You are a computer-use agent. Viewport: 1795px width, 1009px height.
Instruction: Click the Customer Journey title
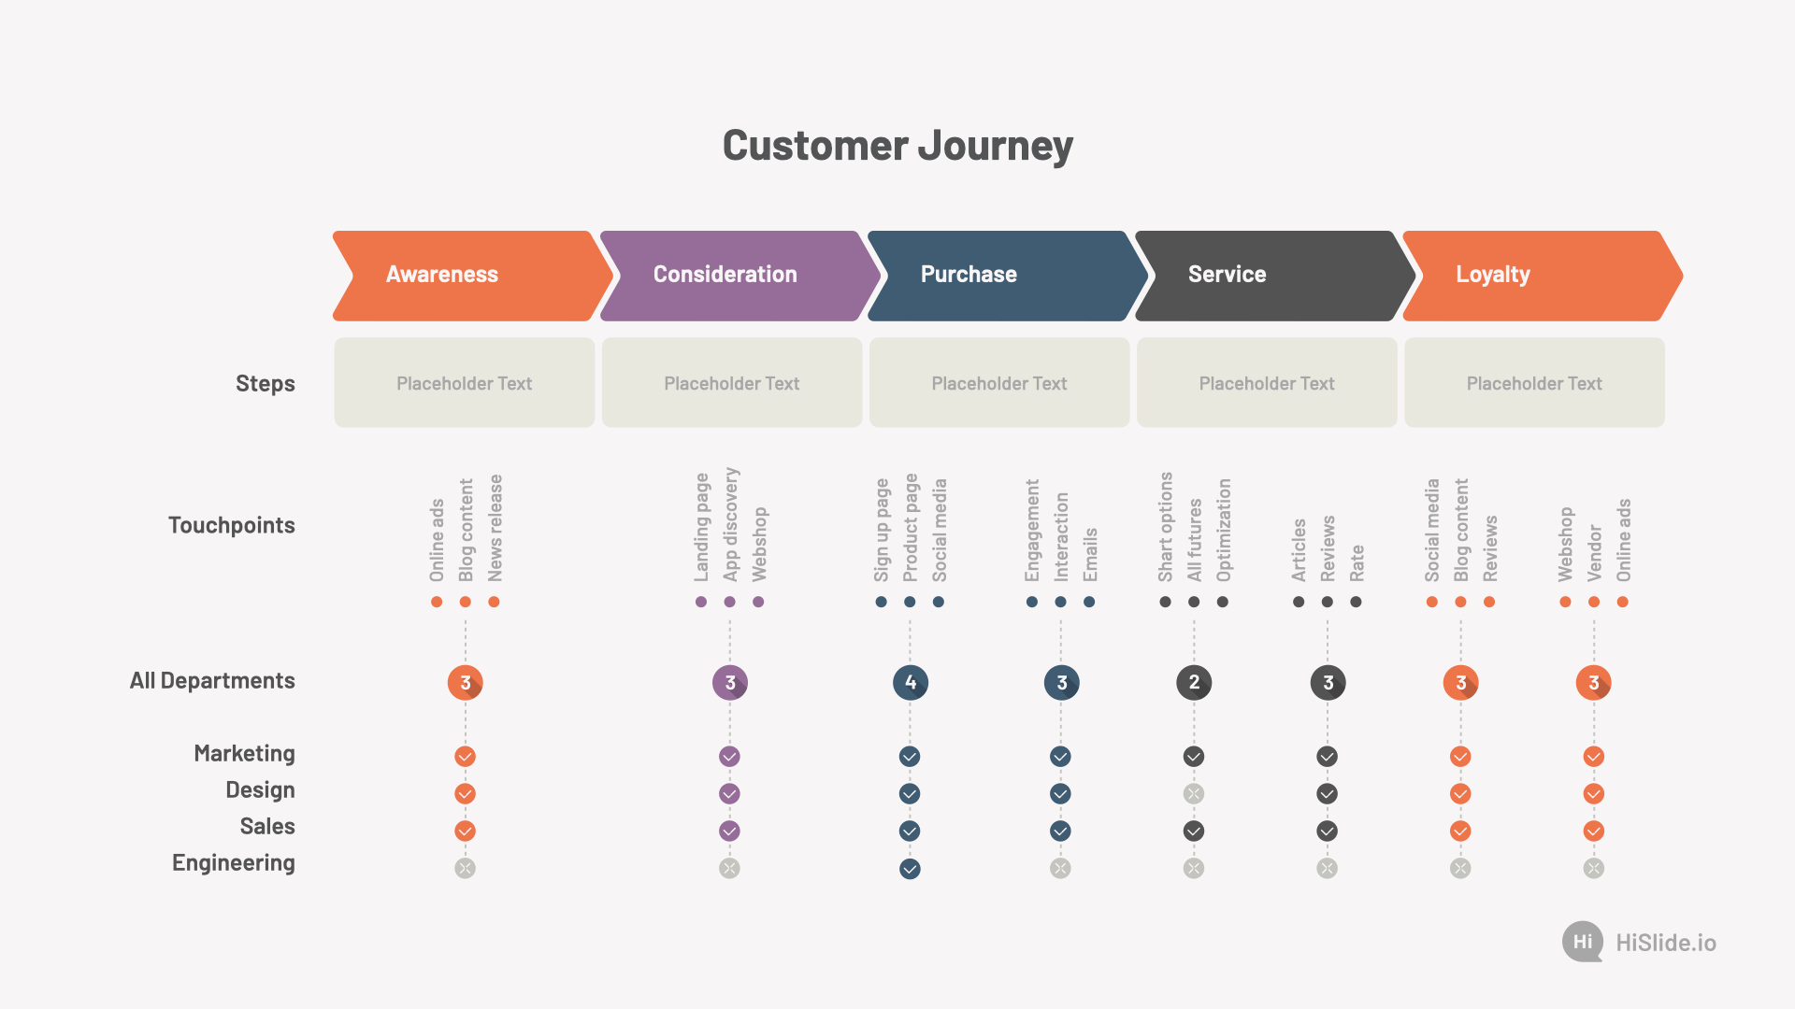[x=897, y=146]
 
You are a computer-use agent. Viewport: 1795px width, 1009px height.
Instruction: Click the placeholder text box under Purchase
[x=999, y=383]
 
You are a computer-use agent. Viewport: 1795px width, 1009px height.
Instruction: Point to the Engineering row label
[x=234, y=863]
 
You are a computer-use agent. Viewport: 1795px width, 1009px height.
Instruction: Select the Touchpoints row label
[x=232, y=525]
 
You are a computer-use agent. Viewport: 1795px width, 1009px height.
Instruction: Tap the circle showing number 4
[x=911, y=683]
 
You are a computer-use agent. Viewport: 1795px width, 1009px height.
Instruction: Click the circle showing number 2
[x=1194, y=683]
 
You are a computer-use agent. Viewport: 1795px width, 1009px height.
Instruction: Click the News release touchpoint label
[x=495, y=528]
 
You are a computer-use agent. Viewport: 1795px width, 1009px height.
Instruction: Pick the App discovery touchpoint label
[x=730, y=524]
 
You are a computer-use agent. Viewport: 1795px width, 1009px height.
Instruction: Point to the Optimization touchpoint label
[x=1223, y=530]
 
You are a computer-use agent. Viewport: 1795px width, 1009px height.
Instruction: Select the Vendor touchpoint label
[x=1594, y=553]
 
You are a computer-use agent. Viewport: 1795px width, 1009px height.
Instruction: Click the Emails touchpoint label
[x=1090, y=555]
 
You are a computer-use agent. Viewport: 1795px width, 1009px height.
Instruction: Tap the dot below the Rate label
[x=1356, y=602]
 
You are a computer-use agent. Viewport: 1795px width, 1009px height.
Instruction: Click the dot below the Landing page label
[x=701, y=602]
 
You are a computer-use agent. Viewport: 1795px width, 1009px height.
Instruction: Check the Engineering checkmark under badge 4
[x=910, y=869]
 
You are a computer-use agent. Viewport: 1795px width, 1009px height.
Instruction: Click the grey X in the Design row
[x=1194, y=794]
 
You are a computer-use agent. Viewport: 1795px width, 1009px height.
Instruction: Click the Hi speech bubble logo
[x=1583, y=942]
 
